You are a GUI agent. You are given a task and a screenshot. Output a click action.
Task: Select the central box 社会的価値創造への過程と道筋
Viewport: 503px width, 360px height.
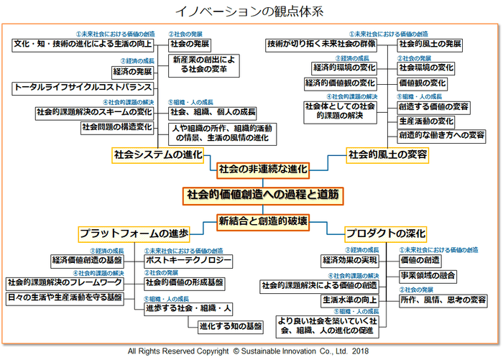click(x=262, y=194)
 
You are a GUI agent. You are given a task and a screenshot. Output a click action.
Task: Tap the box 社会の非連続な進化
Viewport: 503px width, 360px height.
click(x=262, y=170)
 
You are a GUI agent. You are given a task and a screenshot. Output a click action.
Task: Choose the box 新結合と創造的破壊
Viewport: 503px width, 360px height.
click(x=263, y=220)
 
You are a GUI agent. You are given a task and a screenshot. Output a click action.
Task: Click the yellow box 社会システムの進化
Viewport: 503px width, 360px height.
click(x=158, y=154)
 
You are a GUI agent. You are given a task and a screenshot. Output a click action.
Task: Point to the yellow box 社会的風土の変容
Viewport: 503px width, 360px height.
click(x=387, y=154)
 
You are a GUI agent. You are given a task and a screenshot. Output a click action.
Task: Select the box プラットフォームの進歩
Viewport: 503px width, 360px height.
click(x=134, y=234)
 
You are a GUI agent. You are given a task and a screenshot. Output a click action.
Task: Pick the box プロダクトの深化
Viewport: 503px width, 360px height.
click(x=385, y=234)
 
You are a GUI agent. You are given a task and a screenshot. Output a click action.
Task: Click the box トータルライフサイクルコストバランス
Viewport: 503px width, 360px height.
click(x=83, y=88)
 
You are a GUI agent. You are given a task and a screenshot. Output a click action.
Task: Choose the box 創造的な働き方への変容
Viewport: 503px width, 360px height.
click(x=441, y=135)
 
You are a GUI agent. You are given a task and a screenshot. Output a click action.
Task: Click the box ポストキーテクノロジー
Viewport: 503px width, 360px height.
click(x=188, y=259)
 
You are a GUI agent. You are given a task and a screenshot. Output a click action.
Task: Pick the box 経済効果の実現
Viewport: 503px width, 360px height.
click(x=350, y=259)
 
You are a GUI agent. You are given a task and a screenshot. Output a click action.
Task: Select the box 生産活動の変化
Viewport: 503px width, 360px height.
click(x=426, y=121)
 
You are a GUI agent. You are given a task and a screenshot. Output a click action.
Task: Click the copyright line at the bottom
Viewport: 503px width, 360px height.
click(x=251, y=351)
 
